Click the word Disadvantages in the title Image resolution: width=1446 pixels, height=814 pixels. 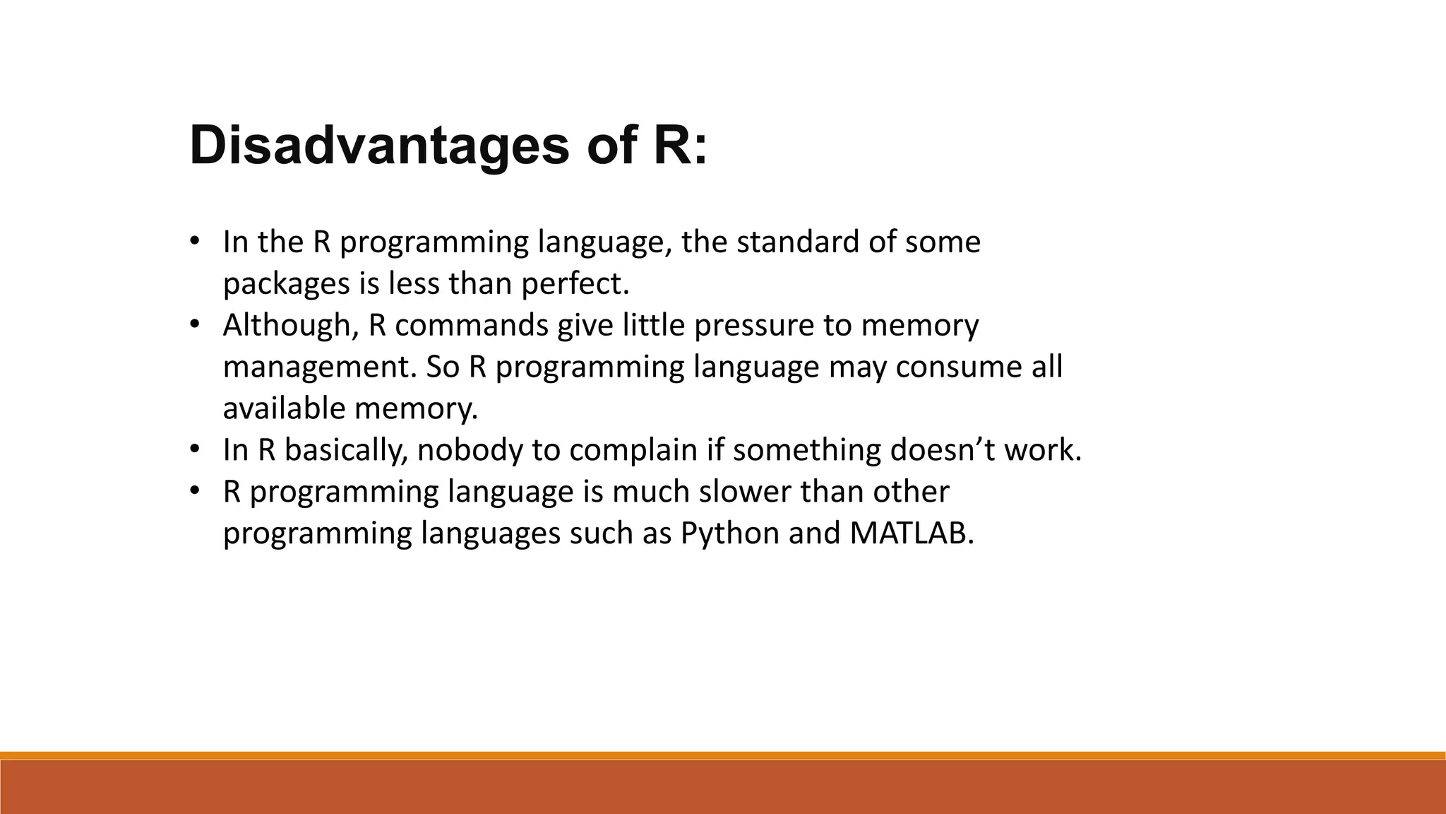pos(379,146)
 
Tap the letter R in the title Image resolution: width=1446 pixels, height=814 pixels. pos(670,146)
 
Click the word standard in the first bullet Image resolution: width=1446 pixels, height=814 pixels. pos(797,242)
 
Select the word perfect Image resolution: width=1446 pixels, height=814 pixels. pos(574,284)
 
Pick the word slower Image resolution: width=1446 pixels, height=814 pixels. pos(745,492)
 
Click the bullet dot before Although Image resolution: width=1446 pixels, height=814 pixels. pos(195,325)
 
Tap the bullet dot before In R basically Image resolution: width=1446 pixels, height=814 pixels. pos(195,450)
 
